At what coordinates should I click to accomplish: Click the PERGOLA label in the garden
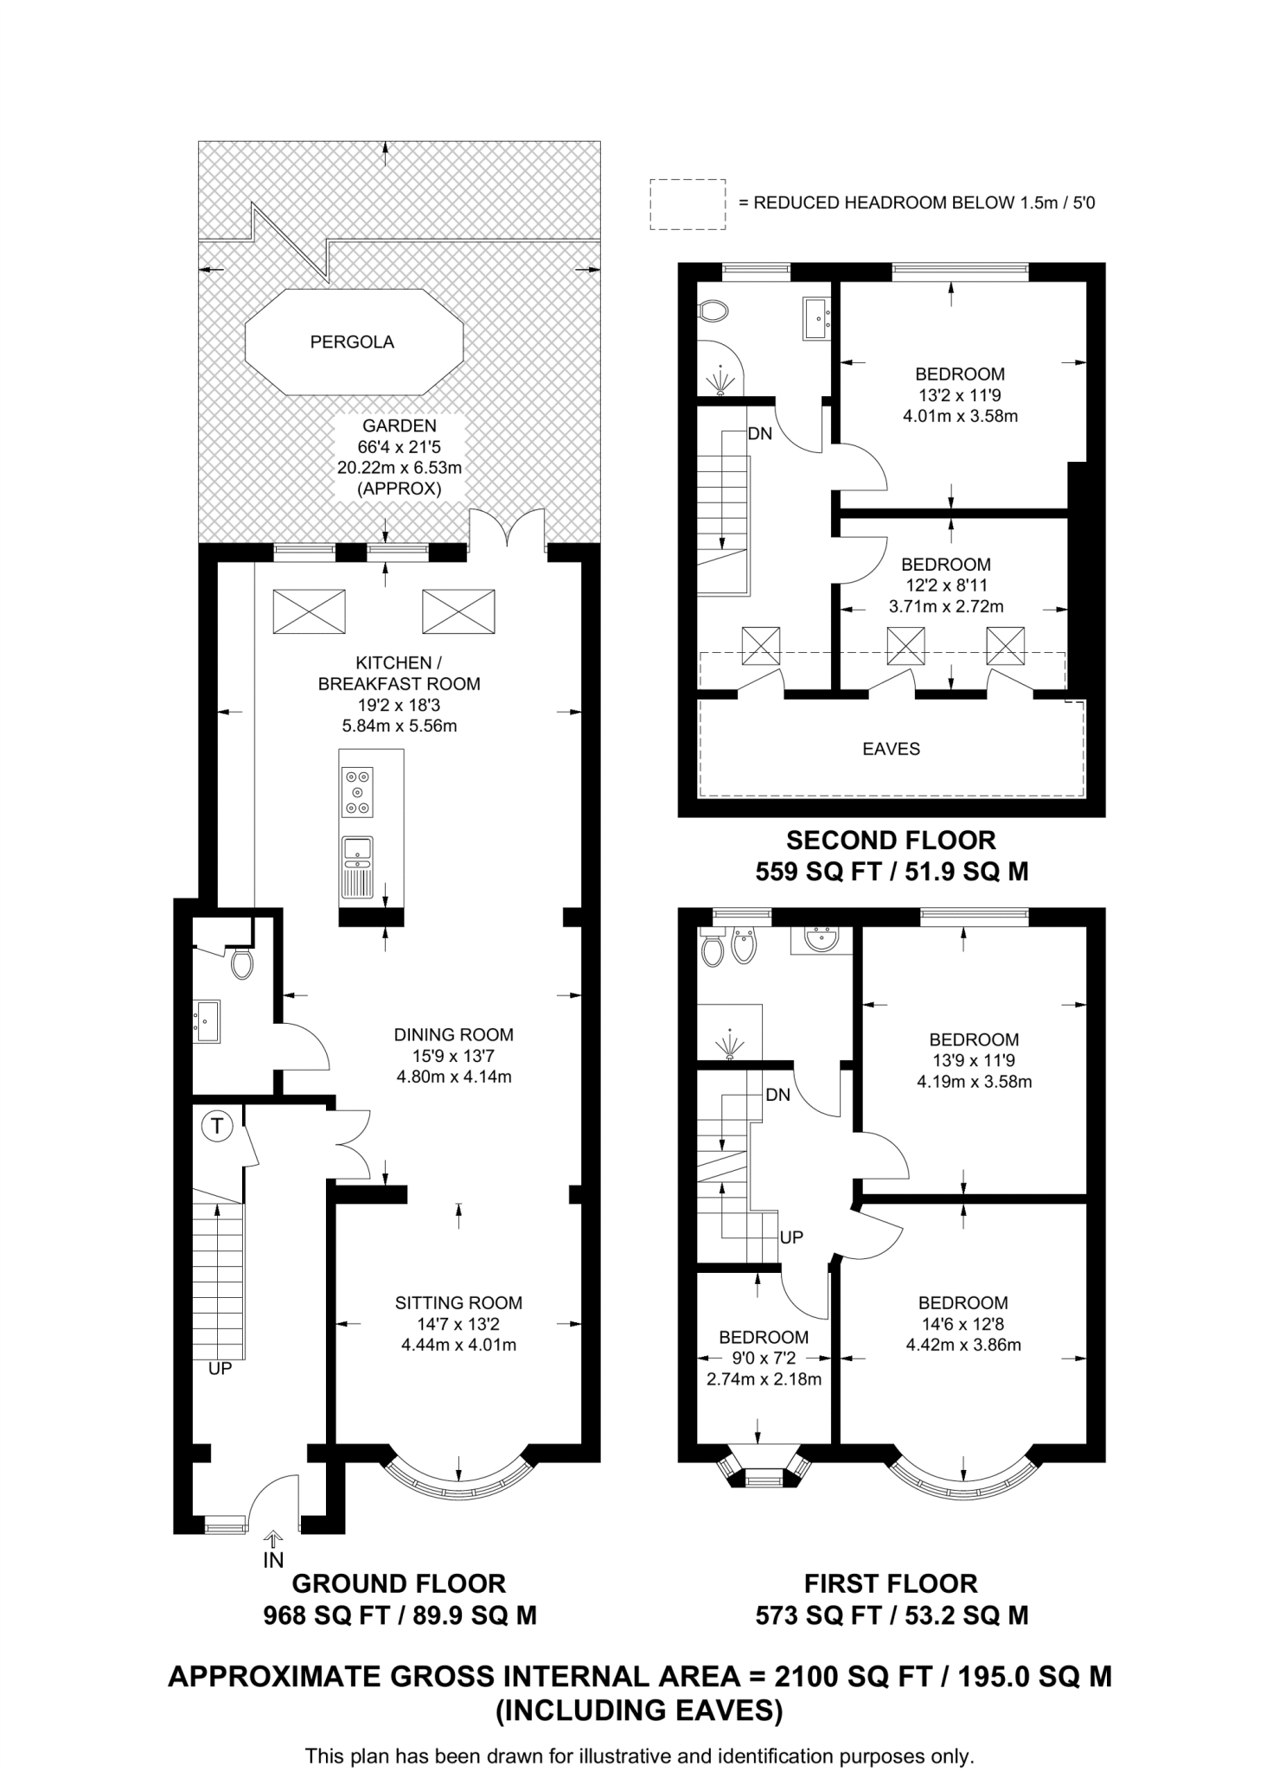coord(352,342)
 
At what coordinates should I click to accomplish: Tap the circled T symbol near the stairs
coord(217,1126)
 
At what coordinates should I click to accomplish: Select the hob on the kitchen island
coord(357,791)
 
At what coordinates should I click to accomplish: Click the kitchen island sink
coord(357,851)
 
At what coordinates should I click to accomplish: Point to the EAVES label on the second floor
coord(891,749)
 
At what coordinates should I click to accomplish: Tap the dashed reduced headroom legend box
coord(687,204)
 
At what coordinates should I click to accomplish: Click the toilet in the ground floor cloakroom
coord(242,962)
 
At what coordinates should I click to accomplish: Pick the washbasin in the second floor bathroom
coord(817,318)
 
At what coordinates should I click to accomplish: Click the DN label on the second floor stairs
coord(759,434)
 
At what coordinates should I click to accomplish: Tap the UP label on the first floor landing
coord(791,1237)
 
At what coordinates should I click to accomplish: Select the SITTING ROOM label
coord(458,1302)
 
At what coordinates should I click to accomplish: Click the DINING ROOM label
coord(453,1034)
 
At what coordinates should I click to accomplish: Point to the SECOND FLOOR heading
coord(891,841)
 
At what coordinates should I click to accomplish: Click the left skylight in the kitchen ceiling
coord(309,611)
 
